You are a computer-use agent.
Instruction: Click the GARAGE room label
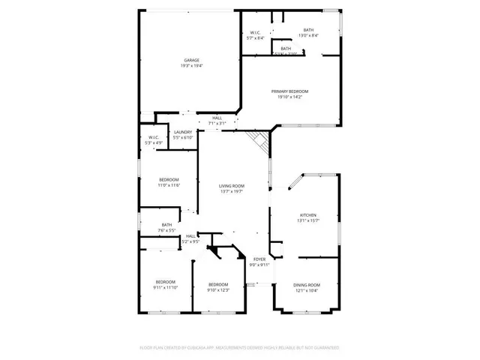pyautogui.click(x=192, y=60)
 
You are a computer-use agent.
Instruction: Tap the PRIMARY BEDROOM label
pyautogui.click(x=289, y=91)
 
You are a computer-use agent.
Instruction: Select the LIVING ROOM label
pyautogui.click(x=232, y=186)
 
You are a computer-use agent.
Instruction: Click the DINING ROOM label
pyautogui.click(x=307, y=285)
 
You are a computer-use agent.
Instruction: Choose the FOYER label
pyautogui.click(x=259, y=259)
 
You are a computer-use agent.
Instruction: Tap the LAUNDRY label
pyautogui.click(x=183, y=133)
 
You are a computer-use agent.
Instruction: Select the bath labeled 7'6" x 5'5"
pyautogui.click(x=166, y=225)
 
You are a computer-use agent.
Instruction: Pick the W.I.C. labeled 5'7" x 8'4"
pyautogui.click(x=256, y=31)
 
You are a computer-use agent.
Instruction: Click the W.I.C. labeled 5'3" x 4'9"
pyautogui.click(x=153, y=137)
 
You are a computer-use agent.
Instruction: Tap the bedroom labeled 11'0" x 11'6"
pyautogui.click(x=169, y=180)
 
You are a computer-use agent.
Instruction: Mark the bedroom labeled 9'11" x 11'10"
pyautogui.click(x=165, y=282)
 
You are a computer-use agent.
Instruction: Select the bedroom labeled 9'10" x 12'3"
pyautogui.click(x=218, y=285)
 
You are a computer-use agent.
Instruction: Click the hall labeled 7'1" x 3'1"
pyautogui.click(x=217, y=118)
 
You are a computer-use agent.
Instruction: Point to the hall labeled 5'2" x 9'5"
pyautogui.click(x=190, y=237)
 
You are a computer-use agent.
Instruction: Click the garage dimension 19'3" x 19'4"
pyautogui.click(x=192, y=66)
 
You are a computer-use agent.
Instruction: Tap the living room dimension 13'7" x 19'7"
pyautogui.click(x=232, y=192)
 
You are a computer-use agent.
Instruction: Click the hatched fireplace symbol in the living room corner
pyautogui.click(x=259, y=141)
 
